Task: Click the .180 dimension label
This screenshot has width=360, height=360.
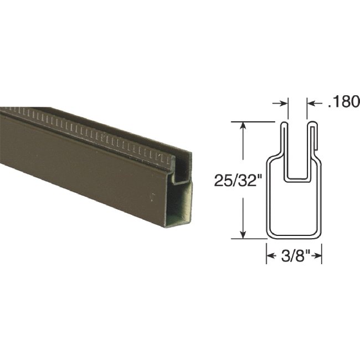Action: pyautogui.click(x=344, y=102)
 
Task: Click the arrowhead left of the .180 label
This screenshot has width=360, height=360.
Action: pyautogui.click(x=311, y=102)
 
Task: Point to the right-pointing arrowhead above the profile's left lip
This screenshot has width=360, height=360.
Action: pyautogui.click(x=285, y=102)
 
